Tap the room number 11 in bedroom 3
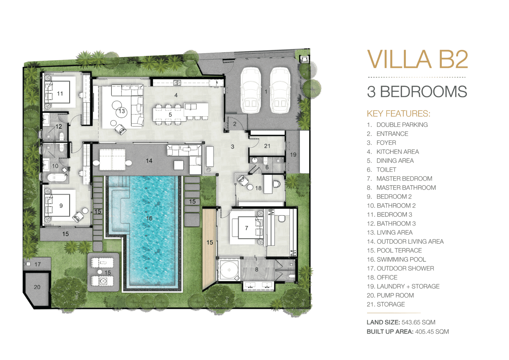click(x=60, y=93)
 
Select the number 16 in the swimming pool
click(x=149, y=218)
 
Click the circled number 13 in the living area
click(x=122, y=111)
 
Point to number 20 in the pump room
click(x=37, y=287)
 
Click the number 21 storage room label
click(x=267, y=146)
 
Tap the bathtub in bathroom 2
click(x=57, y=177)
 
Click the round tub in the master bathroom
click(x=229, y=270)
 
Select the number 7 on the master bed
click(x=247, y=228)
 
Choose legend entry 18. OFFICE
click(x=382, y=277)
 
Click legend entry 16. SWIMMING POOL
click(x=397, y=260)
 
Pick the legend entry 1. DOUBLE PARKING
click(x=397, y=125)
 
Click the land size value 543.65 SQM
click(x=418, y=322)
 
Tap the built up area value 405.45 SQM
click(x=432, y=332)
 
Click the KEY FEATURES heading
click(x=399, y=113)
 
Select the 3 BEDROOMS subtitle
click(x=417, y=91)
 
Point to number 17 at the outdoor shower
click(x=37, y=264)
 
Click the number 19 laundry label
click(x=293, y=155)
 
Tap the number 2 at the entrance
click(x=235, y=124)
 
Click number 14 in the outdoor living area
click(x=149, y=161)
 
